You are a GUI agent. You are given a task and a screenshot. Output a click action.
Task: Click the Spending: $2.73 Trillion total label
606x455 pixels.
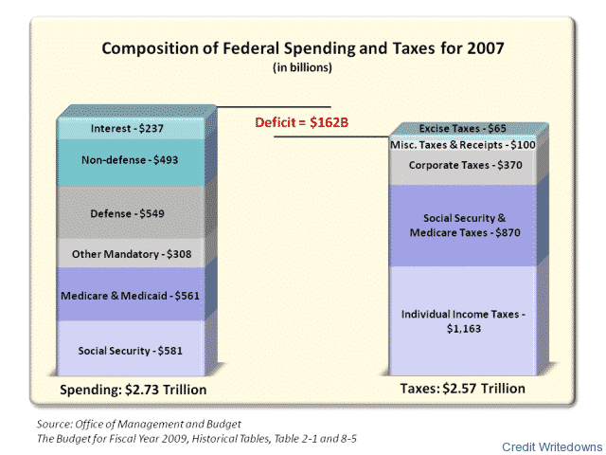coord(134,390)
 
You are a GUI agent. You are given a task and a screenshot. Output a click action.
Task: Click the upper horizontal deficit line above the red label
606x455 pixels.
coord(275,106)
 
